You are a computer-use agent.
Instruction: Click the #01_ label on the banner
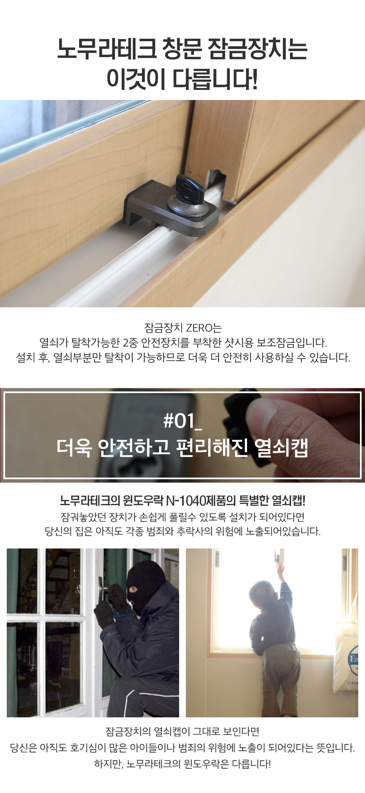pyautogui.click(x=182, y=421)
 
